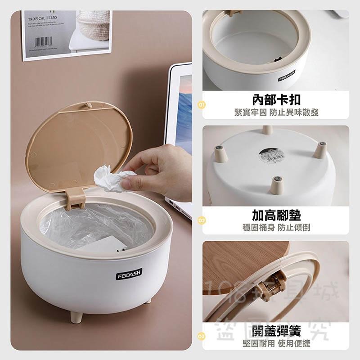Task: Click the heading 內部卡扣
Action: point(275,99)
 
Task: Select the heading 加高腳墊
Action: point(275,215)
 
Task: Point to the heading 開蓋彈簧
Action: point(275,332)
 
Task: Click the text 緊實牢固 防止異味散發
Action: point(275,112)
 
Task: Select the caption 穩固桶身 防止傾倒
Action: point(275,227)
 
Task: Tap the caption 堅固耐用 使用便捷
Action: point(275,343)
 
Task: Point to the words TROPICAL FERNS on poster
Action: point(44,19)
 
